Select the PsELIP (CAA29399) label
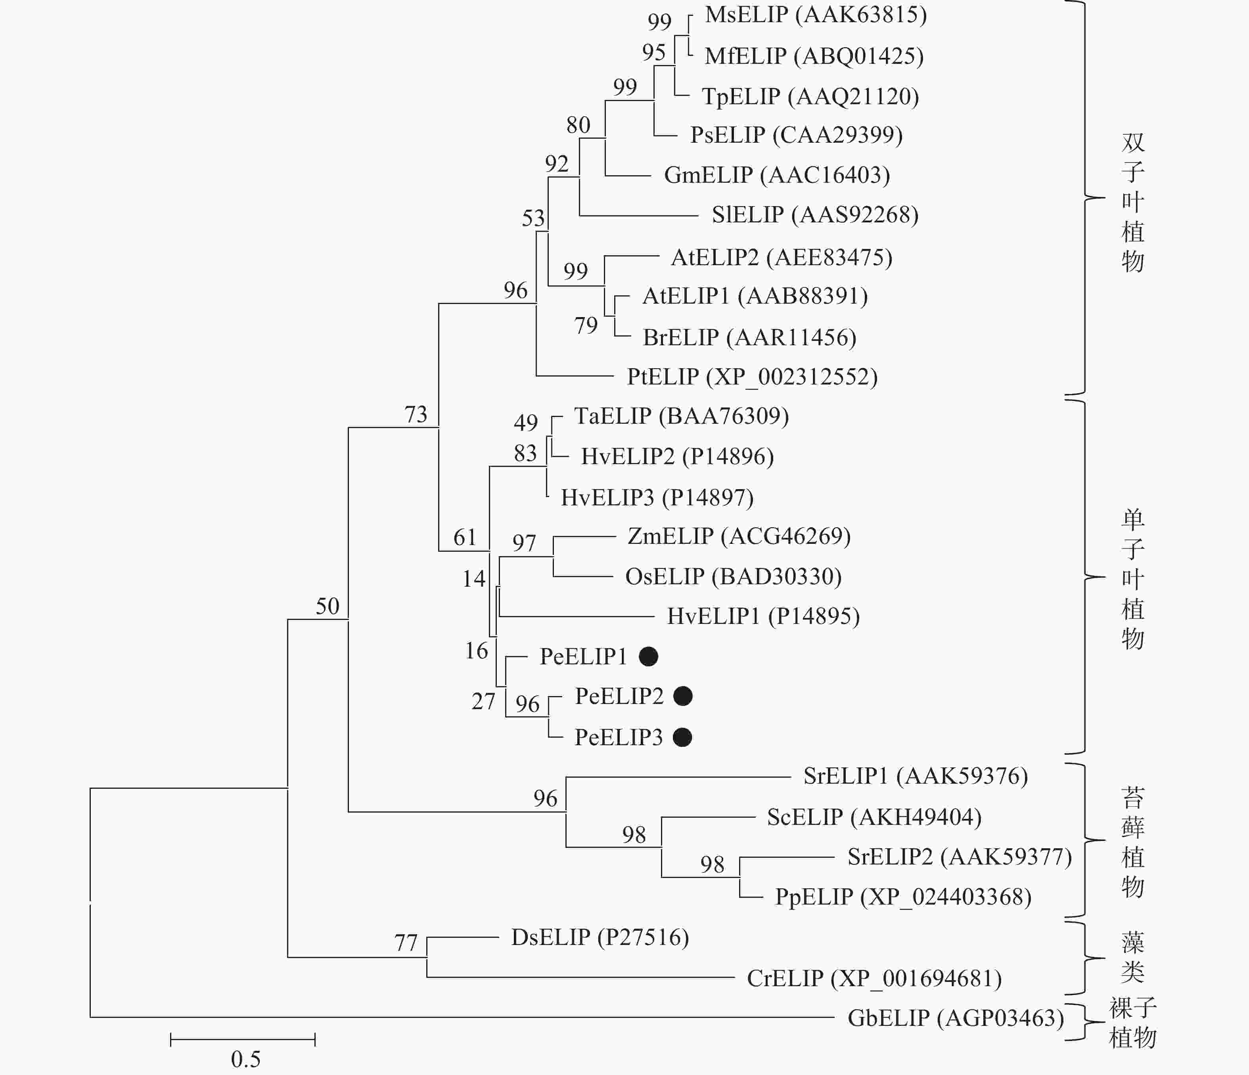(x=796, y=135)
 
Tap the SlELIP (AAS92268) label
(x=814, y=215)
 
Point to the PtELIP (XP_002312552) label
(x=752, y=377)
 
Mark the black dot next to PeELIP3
(x=682, y=737)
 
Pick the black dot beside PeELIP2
(x=682, y=696)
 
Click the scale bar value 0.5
(x=245, y=1059)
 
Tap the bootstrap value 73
(x=415, y=415)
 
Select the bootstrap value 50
(x=328, y=606)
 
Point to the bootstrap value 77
(x=406, y=943)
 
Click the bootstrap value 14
(x=474, y=579)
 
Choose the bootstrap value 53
(x=533, y=218)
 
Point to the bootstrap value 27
(x=483, y=701)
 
